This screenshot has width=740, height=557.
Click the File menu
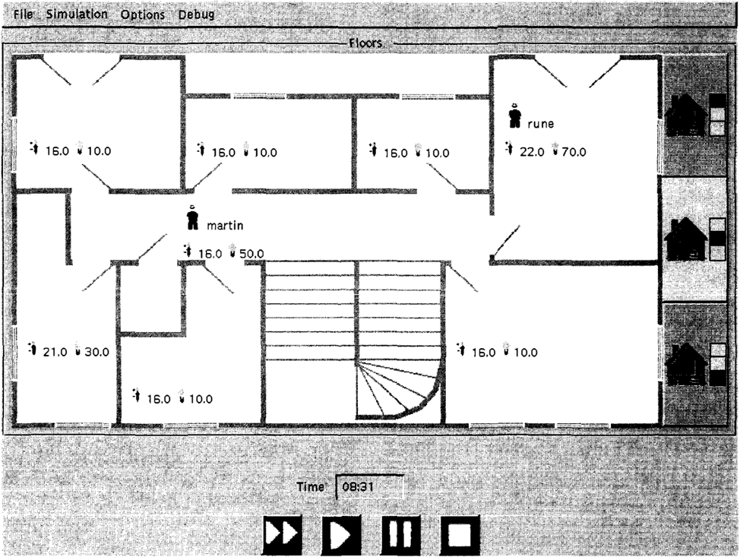tap(23, 14)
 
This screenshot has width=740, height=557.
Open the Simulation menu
tap(77, 14)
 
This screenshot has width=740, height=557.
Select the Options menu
tap(143, 14)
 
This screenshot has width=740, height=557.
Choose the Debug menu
tap(196, 14)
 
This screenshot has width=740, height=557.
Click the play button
tap(341, 535)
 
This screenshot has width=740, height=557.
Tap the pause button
tap(400, 535)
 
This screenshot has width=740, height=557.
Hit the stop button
tap(460, 535)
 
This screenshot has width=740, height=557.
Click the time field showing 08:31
tap(369, 486)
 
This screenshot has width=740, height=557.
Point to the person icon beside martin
tap(192, 217)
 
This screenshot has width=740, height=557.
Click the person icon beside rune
tap(514, 116)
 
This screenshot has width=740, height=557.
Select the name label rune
tap(540, 124)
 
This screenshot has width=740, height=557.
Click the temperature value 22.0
tap(532, 152)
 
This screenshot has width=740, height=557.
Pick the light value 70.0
tap(574, 152)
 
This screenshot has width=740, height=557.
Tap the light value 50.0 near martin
tap(251, 254)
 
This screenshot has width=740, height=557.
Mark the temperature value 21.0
tap(55, 352)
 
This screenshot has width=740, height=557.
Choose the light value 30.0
tap(96, 352)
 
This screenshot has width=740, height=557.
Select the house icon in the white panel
tap(685, 240)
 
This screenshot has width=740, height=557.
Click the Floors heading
tap(365, 43)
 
